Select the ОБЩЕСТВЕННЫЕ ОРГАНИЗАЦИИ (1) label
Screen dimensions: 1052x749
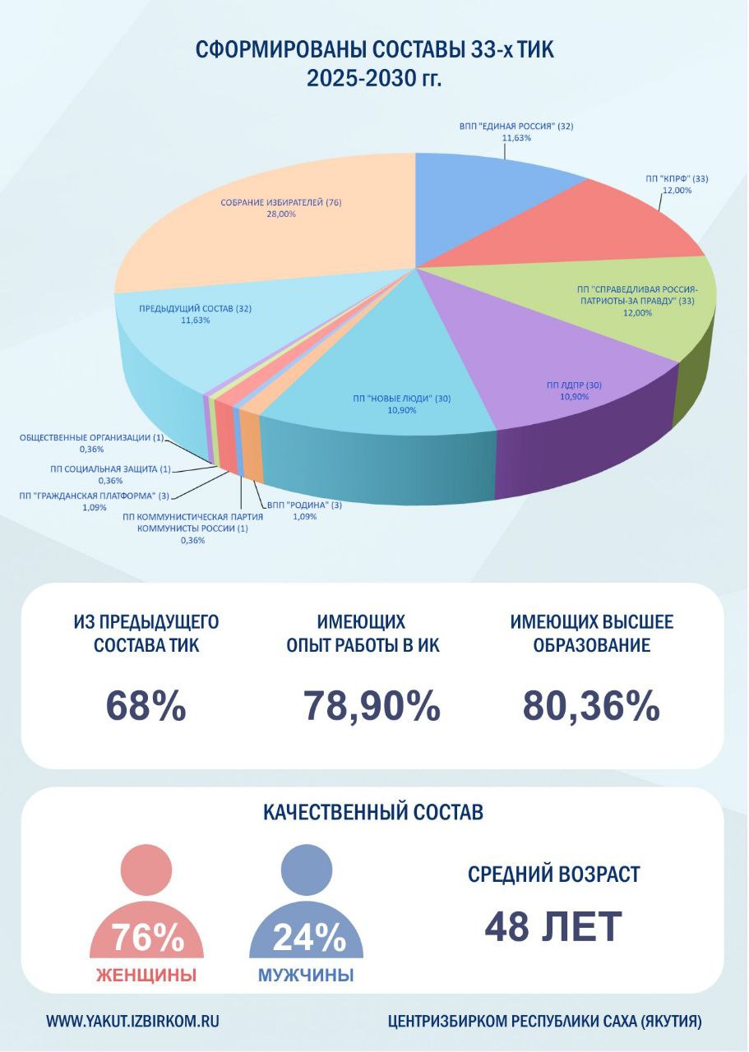[x=91, y=437]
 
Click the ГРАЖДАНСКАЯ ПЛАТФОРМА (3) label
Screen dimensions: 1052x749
[x=94, y=496]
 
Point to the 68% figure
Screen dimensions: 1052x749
[x=146, y=706]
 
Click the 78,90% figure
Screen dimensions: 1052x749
[x=372, y=706]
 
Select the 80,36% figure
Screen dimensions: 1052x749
[x=591, y=706]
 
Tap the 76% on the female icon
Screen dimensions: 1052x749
[x=147, y=937]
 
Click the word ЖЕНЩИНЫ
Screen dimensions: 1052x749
[x=146, y=976]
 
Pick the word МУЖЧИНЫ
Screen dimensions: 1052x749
[x=306, y=976]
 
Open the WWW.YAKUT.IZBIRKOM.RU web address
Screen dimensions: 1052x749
[x=132, y=1022]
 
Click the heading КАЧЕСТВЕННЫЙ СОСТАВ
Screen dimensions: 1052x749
[x=373, y=813]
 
